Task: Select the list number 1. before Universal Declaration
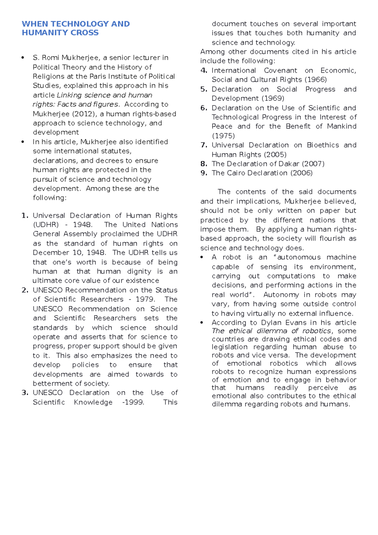pos(25,216)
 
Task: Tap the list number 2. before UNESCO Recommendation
pos(25,290)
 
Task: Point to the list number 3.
pos(25,393)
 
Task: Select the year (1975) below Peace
pos(223,136)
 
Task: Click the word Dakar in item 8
pos(289,164)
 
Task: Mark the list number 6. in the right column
pos(204,108)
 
